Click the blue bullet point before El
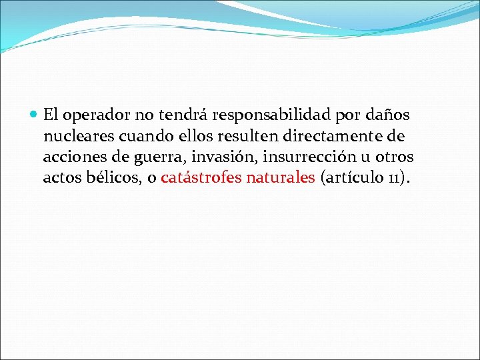tap(35, 115)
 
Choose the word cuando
tap(141, 136)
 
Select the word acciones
tap(71, 157)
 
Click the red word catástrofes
tap(201, 178)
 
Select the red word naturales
tap(280, 178)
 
